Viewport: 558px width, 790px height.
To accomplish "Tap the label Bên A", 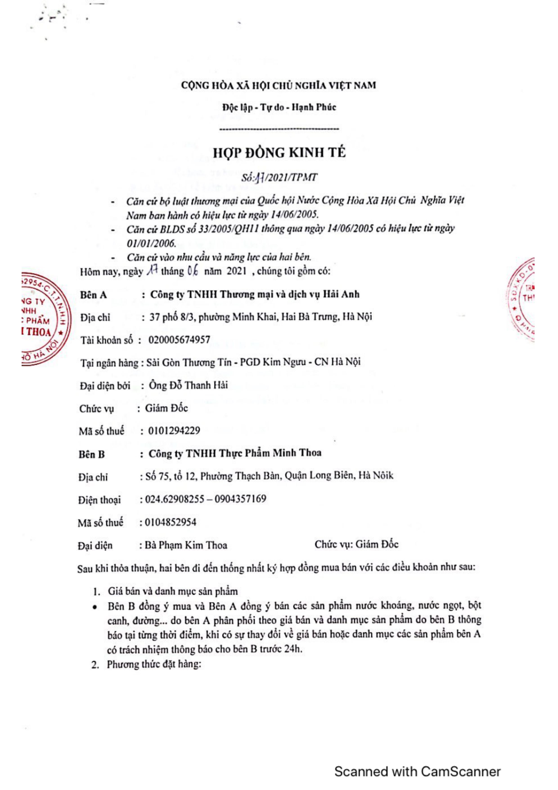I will (94, 295).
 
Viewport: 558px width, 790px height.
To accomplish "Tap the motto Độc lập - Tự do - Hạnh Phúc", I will (279, 107).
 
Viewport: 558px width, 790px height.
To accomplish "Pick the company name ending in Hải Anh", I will (255, 294).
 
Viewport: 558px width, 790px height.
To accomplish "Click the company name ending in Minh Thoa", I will (235, 453).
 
